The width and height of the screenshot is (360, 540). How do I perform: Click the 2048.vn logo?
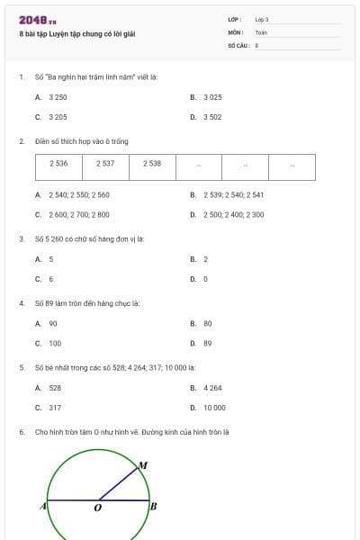pos(37,21)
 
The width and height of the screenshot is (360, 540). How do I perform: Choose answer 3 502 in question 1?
pos(212,117)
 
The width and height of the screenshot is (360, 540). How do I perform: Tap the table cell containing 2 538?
pos(152,164)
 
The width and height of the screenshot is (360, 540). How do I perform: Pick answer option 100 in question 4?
pos(55,344)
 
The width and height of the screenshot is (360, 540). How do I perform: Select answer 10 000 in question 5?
pos(214,408)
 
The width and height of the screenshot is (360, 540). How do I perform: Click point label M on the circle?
pos(141,465)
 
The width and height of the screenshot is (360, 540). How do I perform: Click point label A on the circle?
pos(42,507)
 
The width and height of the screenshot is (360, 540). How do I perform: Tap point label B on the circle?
pos(153,507)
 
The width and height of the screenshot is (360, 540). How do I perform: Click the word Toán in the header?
pos(261,32)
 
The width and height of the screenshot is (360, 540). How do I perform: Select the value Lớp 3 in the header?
pos(262,19)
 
